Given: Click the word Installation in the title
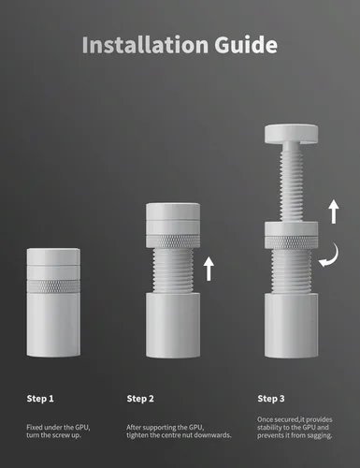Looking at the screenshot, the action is tap(145, 45).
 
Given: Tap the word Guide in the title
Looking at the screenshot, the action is tap(246, 45).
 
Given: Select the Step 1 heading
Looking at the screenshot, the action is tap(40, 399).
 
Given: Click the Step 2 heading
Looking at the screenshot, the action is tap(140, 399).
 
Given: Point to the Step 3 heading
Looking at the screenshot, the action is tap(271, 399).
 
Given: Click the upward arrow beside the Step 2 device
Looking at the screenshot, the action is tap(209, 269).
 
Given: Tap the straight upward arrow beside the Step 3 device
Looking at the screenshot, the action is tap(334, 212).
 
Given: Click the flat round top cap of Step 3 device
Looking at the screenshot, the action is tap(291, 134).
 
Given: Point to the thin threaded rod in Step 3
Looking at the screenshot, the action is tap(291, 184).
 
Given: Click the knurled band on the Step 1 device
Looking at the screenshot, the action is tap(53, 286).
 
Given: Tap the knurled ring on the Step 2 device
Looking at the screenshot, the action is tap(173, 241).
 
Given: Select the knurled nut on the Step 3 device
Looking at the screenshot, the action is tap(291, 242).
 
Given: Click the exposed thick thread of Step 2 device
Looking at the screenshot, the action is tap(173, 270).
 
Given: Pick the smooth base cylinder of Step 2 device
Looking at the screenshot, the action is tap(173, 325).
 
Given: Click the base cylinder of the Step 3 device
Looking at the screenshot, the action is tap(292, 325).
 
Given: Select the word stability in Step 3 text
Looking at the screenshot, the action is tap(269, 428).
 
